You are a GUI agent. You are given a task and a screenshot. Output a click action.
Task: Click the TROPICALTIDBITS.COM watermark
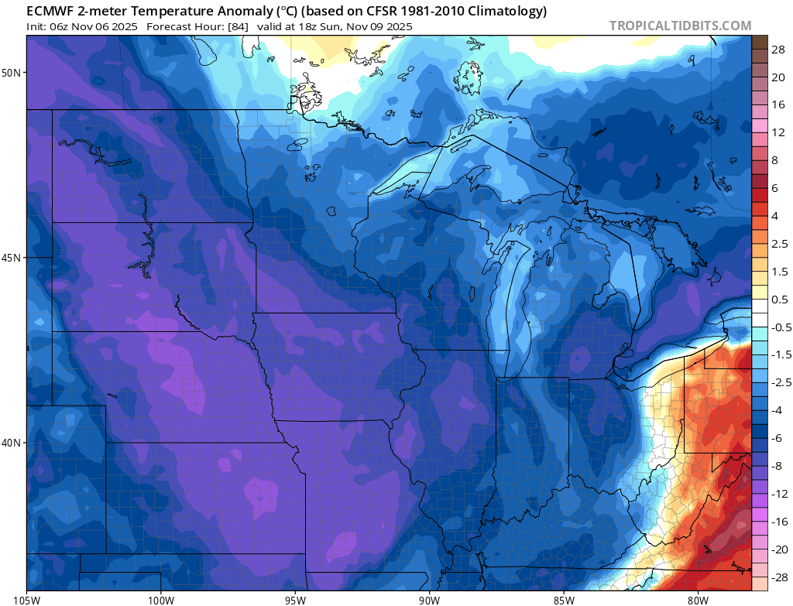pyautogui.click(x=680, y=26)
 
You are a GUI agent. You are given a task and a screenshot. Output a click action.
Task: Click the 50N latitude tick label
pyautogui.click(x=12, y=73)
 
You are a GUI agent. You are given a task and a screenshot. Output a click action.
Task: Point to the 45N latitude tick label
pyautogui.click(x=12, y=258)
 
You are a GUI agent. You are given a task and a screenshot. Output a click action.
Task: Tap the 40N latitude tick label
pyautogui.click(x=12, y=443)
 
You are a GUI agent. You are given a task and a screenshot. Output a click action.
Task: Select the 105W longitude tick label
pyautogui.click(x=27, y=598)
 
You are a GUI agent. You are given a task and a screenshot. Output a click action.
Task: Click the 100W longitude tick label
pyautogui.click(x=161, y=598)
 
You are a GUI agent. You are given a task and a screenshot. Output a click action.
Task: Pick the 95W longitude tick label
pyautogui.click(x=295, y=598)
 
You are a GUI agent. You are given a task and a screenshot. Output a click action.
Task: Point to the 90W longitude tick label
pyautogui.click(x=429, y=598)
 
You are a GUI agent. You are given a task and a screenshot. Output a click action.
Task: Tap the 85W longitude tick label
pyautogui.click(x=563, y=598)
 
